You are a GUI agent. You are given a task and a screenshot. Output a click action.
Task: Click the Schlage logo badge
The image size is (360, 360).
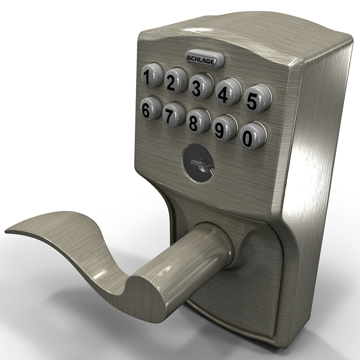pos(201,59)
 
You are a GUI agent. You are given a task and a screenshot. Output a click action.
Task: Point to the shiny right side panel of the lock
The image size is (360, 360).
pos(315,157)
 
